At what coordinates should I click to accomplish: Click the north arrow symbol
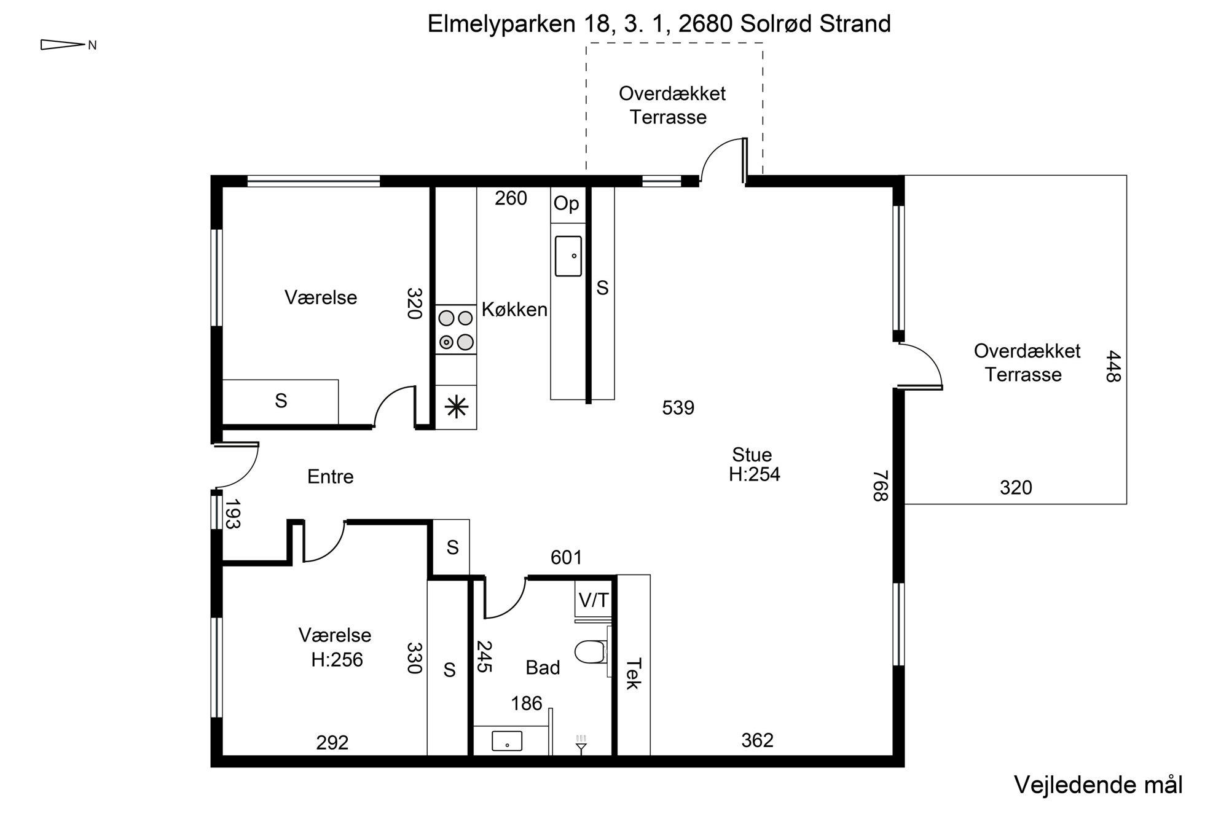pos(62,45)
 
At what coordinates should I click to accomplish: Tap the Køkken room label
pos(514,309)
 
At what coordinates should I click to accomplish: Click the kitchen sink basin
pos(568,256)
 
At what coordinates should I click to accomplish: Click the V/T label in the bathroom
pos(594,600)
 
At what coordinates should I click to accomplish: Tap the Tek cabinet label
pos(634,674)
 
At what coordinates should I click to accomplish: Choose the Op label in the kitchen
pos(566,203)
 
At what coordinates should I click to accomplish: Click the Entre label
pos(331,477)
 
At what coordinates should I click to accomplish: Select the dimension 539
pos(678,408)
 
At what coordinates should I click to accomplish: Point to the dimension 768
pos(881,486)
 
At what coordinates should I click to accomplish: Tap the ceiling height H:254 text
pos(755,474)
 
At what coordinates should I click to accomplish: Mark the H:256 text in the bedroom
pos(337,660)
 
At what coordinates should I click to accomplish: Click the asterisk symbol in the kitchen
pos(456,407)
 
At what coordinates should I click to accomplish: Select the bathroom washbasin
pos(507,740)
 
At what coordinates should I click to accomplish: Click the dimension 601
pos(566,557)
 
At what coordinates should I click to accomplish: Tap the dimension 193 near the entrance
pos(232,514)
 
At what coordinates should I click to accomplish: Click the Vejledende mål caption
pos(1098,785)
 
